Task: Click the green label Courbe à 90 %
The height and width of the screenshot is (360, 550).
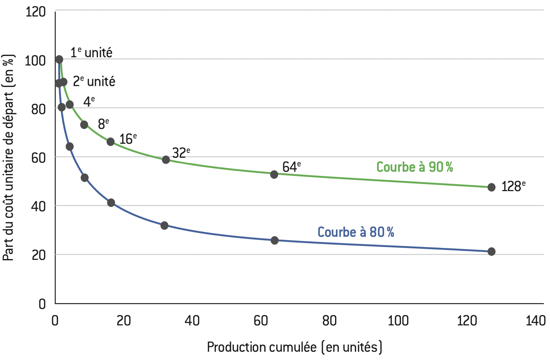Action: (415, 167)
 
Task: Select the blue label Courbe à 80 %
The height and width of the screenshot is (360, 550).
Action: (356, 232)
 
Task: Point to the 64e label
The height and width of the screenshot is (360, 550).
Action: (291, 167)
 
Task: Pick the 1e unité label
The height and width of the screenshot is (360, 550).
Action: (91, 53)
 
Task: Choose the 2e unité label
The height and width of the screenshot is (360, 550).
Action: (94, 81)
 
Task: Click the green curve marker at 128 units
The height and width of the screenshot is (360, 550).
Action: (491, 187)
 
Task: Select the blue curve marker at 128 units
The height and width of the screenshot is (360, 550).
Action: (491, 251)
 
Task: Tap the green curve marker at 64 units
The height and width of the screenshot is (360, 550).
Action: (274, 174)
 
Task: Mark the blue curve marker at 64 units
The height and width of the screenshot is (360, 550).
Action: (275, 240)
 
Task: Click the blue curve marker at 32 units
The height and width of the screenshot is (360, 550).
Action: (164, 225)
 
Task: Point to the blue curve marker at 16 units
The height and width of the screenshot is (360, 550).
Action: (111, 203)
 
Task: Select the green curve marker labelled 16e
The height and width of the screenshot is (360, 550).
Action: (110, 142)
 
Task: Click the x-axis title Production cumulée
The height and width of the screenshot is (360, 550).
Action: (294, 347)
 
